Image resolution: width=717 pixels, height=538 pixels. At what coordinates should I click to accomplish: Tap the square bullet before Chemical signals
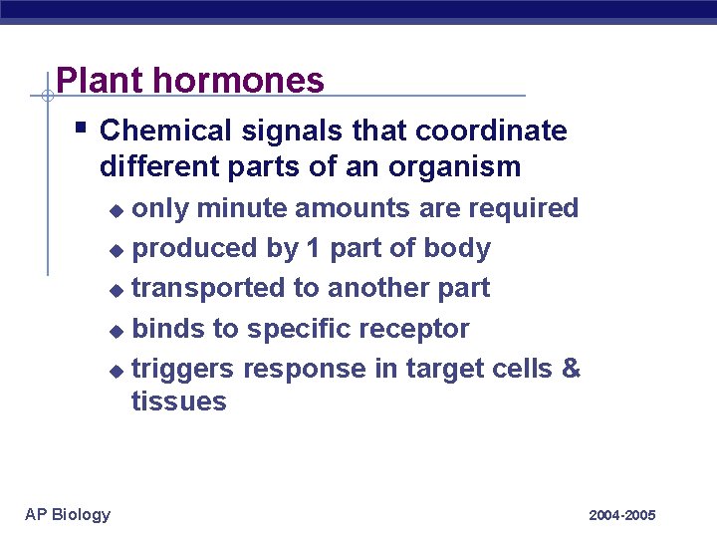[81, 129]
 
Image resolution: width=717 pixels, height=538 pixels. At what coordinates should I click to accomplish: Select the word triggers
[183, 369]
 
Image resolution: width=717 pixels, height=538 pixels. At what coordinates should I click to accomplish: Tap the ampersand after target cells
[571, 368]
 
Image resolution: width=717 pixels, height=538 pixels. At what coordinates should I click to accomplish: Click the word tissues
[179, 402]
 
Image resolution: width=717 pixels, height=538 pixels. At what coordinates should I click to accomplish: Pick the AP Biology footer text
[68, 514]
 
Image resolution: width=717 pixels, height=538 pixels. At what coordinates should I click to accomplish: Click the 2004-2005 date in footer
[621, 515]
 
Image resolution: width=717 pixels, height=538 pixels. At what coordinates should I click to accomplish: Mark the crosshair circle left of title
[47, 97]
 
